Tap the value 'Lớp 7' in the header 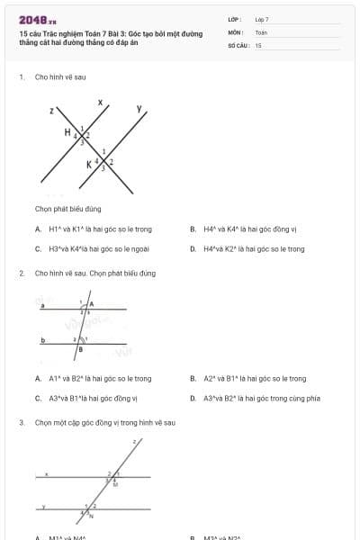(262, 19)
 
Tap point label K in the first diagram (89, 165)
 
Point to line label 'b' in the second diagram (42, 340)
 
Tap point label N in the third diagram (91, 517)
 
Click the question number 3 (21, 422)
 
